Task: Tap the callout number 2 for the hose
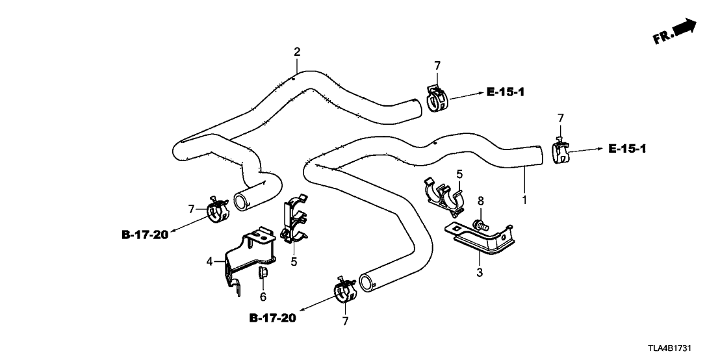[x=297, y=51]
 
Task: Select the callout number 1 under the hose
[x=524, y=196]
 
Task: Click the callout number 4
[x=209, y=261]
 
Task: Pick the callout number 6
[x=263, y=296]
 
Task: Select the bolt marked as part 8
[x=479, y=225]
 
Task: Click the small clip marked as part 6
[x=263, y=276]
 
